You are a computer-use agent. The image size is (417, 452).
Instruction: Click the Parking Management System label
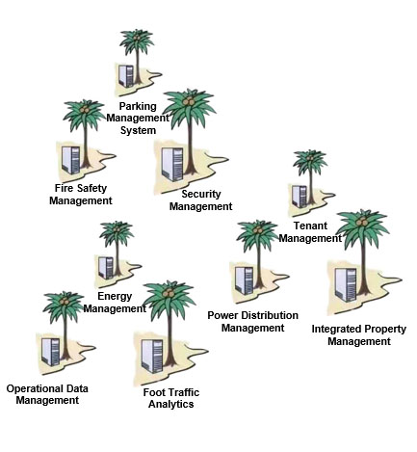tap(138, 119)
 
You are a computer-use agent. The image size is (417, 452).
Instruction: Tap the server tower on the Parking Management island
tap(126, 76)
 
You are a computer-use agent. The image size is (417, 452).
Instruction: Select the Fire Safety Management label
tap(81, 195)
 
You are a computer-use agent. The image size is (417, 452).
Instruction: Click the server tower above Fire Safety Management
tap(71, 160)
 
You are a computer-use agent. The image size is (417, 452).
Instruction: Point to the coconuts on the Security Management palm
tap(189, 101)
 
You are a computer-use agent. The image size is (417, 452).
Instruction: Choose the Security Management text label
tap(200, 200)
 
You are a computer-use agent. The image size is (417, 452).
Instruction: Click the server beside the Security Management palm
tap(172, 165)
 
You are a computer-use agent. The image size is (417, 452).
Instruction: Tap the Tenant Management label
tap(310, 232)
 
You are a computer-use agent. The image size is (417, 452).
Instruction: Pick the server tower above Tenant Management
tap(300, 197)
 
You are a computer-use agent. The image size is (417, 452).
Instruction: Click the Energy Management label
tap(115, 303)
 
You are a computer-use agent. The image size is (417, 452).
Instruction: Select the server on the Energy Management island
tap(106, 268)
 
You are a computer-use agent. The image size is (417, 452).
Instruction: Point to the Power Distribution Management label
tap(252, 322)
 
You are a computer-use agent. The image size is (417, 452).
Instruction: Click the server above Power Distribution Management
tap(245, 280)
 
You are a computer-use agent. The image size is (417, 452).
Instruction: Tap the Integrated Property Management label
tap(359, 335)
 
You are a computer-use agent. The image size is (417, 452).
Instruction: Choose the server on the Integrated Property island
tap(346, 285)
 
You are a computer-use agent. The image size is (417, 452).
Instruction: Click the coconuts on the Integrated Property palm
tap(362, 222)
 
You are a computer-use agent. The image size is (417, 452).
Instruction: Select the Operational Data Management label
tap(47, 394)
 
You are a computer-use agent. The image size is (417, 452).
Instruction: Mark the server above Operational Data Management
tap(51, 352)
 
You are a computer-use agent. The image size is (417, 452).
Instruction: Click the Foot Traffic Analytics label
tap(171, 398)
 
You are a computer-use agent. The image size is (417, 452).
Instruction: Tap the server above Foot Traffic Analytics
tap(153, 357)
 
